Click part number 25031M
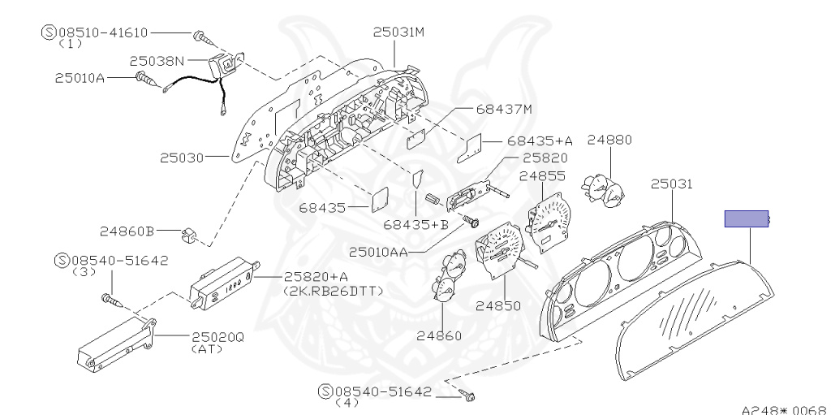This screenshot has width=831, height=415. [x=398, y=32]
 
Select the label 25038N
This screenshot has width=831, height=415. [x=157, y=60]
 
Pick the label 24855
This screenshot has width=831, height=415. [x=542, y=175]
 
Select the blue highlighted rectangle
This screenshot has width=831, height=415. [x=747, y=218]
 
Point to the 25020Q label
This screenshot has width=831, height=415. [x=217, y=337]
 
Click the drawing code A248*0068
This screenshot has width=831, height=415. [x=783, y=409]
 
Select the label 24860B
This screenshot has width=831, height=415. [x=127, y=231]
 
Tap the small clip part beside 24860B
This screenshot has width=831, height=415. [x=188, y=236]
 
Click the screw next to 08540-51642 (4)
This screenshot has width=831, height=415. [x=470, y=396]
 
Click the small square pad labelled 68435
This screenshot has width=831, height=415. [x=379, y=197]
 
